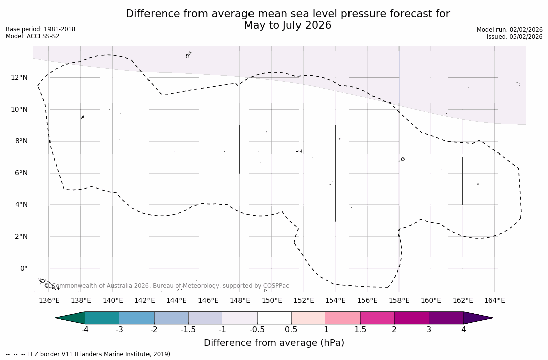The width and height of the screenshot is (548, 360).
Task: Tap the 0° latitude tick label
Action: point(23,269)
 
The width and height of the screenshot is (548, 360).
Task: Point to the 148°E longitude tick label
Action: point(240,300)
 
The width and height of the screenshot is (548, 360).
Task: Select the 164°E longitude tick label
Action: point(494,300)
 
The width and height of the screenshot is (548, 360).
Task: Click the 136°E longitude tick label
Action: point(49,300)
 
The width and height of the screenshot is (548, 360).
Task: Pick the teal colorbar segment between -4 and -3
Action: point(103,318)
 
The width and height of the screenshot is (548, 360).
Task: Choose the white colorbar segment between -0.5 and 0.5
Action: point(274,318)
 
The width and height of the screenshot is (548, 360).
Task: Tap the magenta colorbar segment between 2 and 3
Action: point(412,318)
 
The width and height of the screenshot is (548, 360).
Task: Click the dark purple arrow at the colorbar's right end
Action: point(477,318)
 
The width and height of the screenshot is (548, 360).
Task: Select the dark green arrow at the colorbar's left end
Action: point(71,318)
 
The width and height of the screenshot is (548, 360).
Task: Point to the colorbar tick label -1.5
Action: point(188,330)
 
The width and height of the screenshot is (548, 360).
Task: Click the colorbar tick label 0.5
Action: point(291,330)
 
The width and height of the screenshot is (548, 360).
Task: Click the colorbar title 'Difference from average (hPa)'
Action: point(274,343)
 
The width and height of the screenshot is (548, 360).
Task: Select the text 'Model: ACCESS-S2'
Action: point(32,36)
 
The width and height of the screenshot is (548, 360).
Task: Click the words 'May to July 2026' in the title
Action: point(287,25)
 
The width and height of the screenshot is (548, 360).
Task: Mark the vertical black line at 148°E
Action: point(240,149)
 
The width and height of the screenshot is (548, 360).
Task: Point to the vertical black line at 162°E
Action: point(463,181)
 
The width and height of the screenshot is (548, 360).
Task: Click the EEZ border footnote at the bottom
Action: point(89,354)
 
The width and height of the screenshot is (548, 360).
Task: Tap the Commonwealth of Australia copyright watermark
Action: point(167,286)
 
